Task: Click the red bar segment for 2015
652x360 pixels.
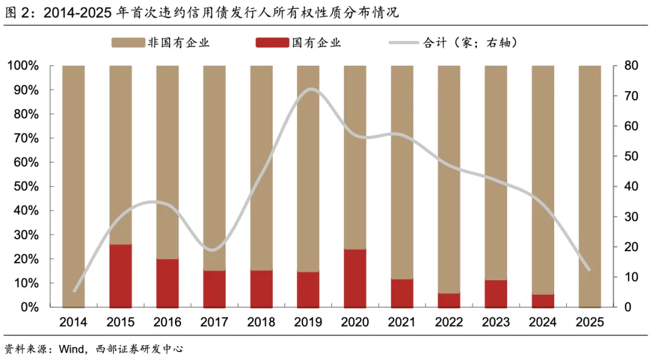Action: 120,275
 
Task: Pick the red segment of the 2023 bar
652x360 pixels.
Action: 496,294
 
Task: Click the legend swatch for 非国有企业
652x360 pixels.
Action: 127,42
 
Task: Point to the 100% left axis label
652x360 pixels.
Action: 23,65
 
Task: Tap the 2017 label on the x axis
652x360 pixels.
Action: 214,323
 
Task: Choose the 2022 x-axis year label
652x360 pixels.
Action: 449,323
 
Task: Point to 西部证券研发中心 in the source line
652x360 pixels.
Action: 139,349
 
